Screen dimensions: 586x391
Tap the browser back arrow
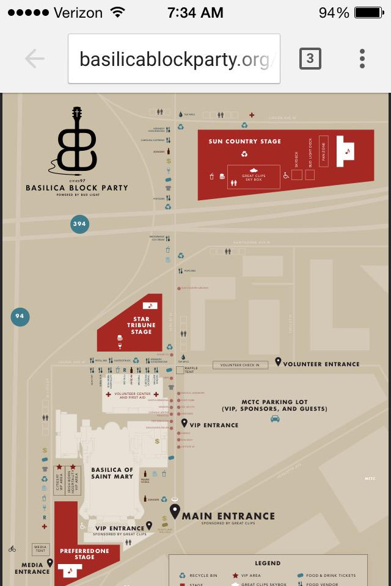pos(35,59)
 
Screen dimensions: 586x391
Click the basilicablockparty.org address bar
pos(174,59)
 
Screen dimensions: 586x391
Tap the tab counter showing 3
pos(310,59)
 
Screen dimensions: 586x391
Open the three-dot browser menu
pos(362,59)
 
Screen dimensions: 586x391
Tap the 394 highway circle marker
pos(79,224)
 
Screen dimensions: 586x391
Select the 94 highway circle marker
pos(20,316)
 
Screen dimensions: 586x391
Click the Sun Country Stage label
pos(244,142)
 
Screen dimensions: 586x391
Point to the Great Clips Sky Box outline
pos(254,177)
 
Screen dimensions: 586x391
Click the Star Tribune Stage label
pos(141,325)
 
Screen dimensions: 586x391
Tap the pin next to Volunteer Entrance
pos(278,362)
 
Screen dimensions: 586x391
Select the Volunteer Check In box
pos(240,365)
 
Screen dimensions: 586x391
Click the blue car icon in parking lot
pos(275,419)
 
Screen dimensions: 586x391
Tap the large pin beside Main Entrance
pos(175,512)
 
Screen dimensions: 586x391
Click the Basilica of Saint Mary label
pos(112,473)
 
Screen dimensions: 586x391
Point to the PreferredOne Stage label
pos(84,554)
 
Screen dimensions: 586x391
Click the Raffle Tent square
pos(180,370)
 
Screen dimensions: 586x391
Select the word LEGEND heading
pos(268,563)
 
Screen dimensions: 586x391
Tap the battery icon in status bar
pos(368,13)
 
